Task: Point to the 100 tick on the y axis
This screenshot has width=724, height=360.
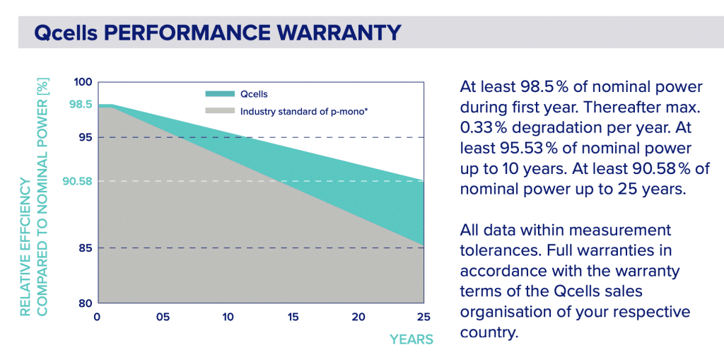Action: coord(83,82)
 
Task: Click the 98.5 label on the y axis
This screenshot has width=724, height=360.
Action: coord(79,105)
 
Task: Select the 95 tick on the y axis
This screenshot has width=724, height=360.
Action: coord(86,137)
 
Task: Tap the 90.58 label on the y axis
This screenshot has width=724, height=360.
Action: coord(77,182)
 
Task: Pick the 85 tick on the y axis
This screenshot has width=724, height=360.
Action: coord(86,248)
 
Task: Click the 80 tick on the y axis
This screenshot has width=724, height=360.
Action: coord(86,303)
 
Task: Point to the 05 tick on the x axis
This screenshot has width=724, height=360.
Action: coord(162,316)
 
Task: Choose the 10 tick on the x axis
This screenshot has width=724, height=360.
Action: coord(228,316)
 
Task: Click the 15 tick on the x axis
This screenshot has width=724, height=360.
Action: coord(293,316)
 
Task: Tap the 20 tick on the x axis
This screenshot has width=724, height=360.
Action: coord(358,316)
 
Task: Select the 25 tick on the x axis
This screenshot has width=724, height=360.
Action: coord(423,316)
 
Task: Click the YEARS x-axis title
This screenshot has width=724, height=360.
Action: coord(411,339)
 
